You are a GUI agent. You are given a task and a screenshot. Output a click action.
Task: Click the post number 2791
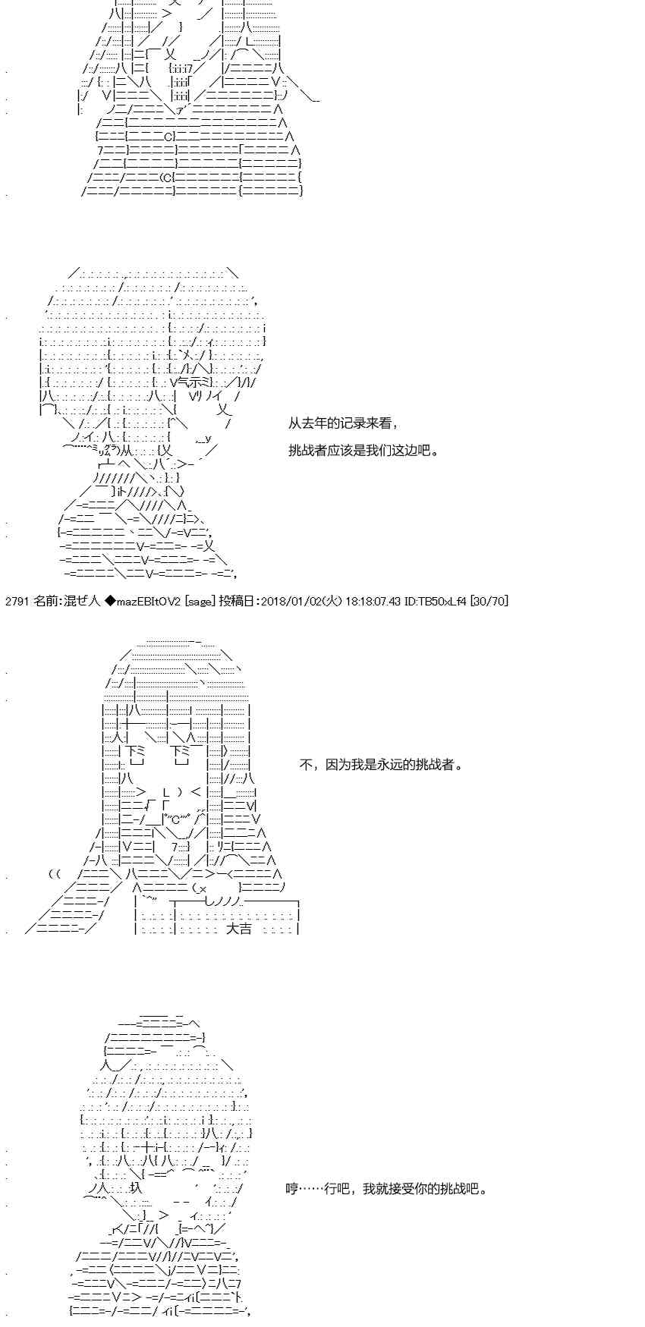tap(17, 602)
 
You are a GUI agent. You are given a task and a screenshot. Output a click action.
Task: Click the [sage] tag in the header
tap(200, 602)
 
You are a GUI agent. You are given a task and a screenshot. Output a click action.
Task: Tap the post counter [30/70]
tap(489, 602)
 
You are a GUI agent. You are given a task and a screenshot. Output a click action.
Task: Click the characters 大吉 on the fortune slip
tap(239, 928)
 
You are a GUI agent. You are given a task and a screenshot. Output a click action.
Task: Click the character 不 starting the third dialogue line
tap(305, 765)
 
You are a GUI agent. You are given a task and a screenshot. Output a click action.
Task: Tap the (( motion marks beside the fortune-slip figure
tap(54, 873)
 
